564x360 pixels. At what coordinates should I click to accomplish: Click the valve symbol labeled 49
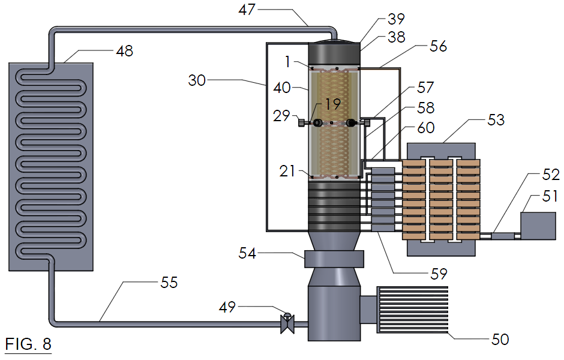click(286, 323)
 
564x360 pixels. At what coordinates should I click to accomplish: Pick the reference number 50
click(500, 340)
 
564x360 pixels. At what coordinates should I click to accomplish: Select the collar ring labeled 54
click(334, 259)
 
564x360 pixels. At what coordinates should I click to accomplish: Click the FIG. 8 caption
click(28, 344)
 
